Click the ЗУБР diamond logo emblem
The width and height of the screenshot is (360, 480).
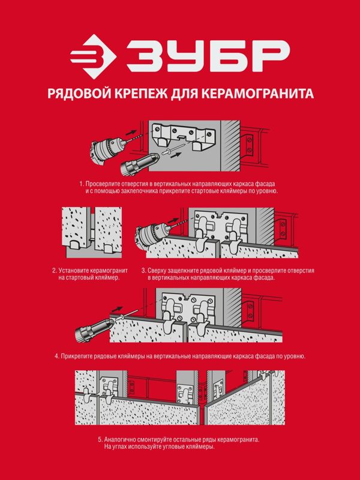point(93,56)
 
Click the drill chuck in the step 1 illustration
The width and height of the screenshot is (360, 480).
point(107,150)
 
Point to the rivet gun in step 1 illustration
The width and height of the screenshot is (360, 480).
point(140,164)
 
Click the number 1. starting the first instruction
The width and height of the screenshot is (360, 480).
point(82,184)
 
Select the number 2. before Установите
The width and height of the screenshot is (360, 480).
point(55,271)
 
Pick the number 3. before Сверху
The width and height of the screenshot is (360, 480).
point(144,271)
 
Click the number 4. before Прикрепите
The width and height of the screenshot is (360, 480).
point(57,356)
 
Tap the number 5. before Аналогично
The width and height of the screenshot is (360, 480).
point(100,440)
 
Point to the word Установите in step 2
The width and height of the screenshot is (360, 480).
point(74,271)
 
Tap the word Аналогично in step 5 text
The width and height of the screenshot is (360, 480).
point(120,440)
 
